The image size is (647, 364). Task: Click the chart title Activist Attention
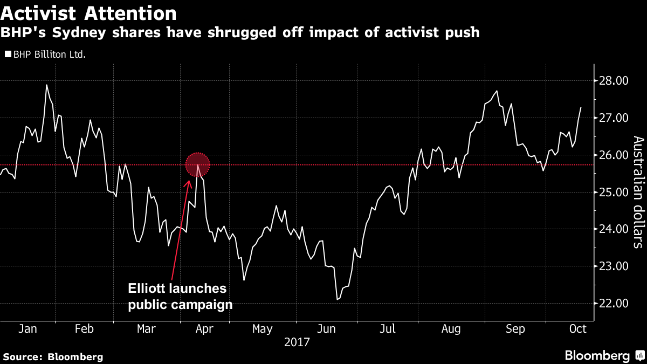click(88, 13)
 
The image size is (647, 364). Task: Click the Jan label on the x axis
click(28, 329)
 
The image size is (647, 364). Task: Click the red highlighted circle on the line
click(197, 164)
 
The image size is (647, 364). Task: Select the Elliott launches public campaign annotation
click(180, 296)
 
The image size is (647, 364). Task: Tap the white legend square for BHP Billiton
click(8, 54)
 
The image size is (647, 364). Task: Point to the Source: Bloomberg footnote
click(53, 356)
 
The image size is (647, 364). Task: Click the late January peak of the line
click(46, 85)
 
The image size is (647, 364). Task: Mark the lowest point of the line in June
click(338, 299)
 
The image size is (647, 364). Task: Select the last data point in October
click(581, 107)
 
